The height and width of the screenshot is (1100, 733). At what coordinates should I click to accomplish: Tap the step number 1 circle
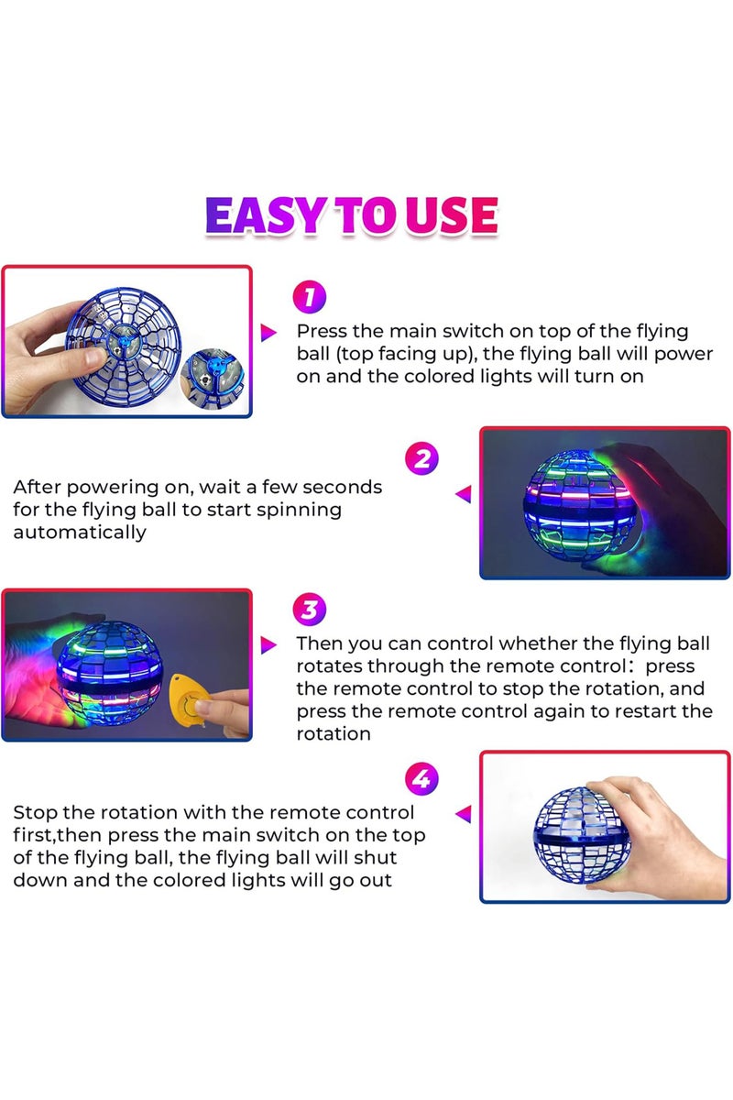tap(309, 297)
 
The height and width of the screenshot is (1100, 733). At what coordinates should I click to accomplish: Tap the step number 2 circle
tap(421, 457)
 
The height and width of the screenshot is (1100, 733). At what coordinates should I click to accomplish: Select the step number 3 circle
tap(310, 610)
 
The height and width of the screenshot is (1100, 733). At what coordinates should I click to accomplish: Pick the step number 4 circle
tap(421, 780)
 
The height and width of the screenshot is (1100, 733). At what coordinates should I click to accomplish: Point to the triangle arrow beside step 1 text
tap(268, 333)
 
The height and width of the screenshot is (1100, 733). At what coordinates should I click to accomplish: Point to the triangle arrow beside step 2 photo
tap(464, 495)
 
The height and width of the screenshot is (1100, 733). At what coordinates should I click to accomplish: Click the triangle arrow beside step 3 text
tap(268, 645)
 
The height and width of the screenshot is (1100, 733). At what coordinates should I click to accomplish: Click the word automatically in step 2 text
tap(80, 533)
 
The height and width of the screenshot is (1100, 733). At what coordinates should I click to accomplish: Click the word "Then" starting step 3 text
tap(319, 644)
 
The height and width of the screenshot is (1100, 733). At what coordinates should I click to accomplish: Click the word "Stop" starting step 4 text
tap(36, 812)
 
